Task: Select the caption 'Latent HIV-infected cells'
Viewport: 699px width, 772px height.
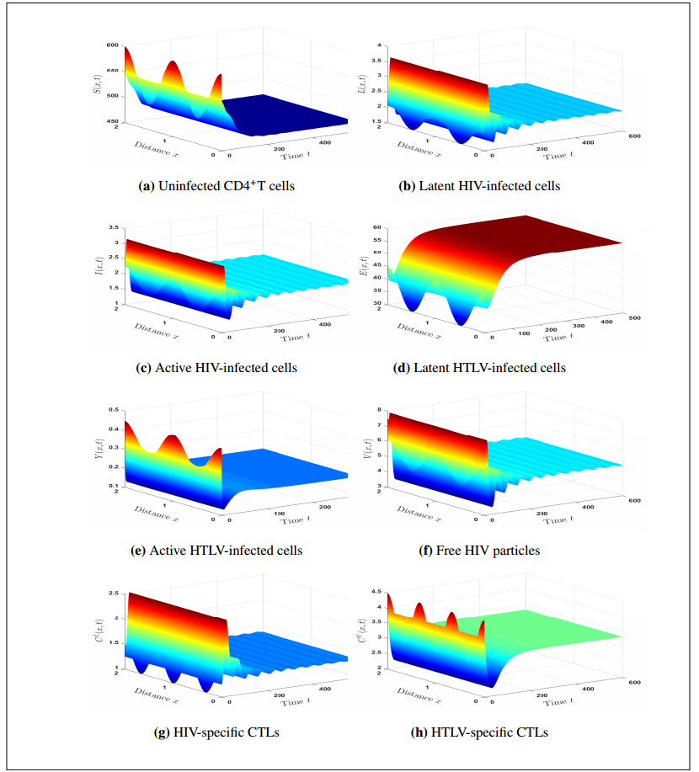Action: (x=479, y=186)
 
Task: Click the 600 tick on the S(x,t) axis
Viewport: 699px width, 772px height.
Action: (x=112, y=45)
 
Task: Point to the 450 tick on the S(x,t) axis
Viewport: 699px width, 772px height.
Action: (x=112, y=122)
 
